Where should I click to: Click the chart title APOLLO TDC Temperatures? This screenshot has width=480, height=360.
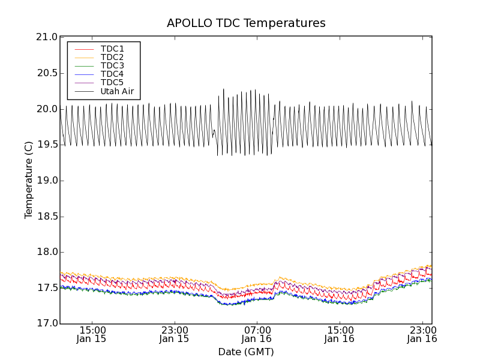246,23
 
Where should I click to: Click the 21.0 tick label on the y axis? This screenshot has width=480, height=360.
47,37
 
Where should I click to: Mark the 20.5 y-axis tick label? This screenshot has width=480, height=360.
47,73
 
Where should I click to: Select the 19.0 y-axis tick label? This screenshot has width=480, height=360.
47,181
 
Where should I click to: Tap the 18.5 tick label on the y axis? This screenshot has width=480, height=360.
47,217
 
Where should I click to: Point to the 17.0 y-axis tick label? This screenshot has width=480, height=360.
47,324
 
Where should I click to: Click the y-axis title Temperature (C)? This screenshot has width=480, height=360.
29,180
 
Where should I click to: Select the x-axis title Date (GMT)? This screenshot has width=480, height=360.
246,352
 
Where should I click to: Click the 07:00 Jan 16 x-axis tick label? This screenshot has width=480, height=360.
257,334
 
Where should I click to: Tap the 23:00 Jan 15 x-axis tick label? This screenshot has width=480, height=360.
174,334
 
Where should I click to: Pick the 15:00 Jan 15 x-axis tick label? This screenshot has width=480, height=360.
92,334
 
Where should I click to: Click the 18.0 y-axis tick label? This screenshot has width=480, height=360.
47,252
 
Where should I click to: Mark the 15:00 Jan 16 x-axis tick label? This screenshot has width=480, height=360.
340,334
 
